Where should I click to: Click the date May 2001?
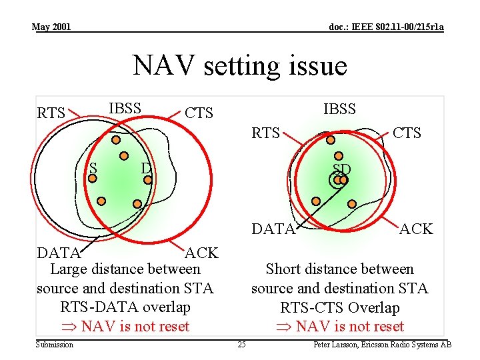click(x=51, y=27)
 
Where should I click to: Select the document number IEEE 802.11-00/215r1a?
click(x=387, y=27)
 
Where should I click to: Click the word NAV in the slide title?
click(x=160, y=66)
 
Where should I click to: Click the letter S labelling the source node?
click(x=93, y=168)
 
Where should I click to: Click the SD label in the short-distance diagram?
click(x=341, y=168)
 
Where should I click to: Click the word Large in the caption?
click(x=70, y=269)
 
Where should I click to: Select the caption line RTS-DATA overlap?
click(x=125, y=307)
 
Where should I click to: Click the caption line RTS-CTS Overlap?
click(x=340, y=307)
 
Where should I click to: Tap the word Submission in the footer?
click(x=55, y=345)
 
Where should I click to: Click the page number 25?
click(x=241, y=345)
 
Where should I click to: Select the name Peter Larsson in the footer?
click(x=338, y=345)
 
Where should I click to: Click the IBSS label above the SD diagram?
click(x=339, y=109)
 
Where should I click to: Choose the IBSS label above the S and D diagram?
click(x=125, y=108)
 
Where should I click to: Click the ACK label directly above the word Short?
click(x=416, y=229)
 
